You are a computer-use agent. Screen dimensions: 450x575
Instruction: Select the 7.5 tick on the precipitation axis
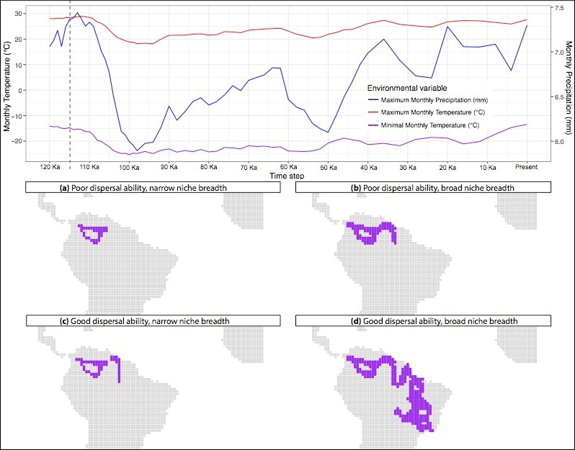[558, 7]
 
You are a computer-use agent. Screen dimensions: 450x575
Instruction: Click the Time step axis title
[287, 175]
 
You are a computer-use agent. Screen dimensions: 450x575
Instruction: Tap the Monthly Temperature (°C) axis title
[7, 86]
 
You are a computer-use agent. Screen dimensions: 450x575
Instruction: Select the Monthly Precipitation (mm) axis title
[569, 86]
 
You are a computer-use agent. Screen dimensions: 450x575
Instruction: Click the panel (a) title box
[150, 187]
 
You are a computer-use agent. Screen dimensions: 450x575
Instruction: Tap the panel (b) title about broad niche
[425, 187]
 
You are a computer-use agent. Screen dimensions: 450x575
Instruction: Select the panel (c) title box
[150, 320]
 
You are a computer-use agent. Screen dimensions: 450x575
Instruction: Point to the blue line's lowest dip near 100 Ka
[136, 150]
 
